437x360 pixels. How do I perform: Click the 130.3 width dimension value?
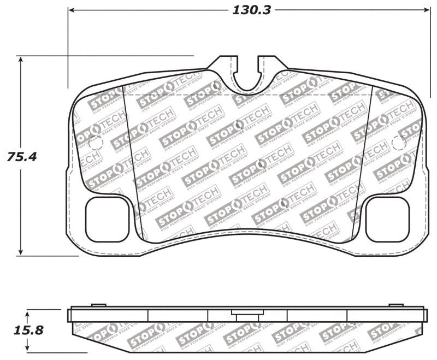click(x=251, y=10)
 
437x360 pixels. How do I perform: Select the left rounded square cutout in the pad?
click(x=108, y=219)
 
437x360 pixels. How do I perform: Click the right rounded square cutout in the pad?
click(x=387, y=219)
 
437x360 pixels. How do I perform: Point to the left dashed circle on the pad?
click(x=96, y=143)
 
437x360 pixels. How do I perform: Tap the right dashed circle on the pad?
click(x=399, y=143)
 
